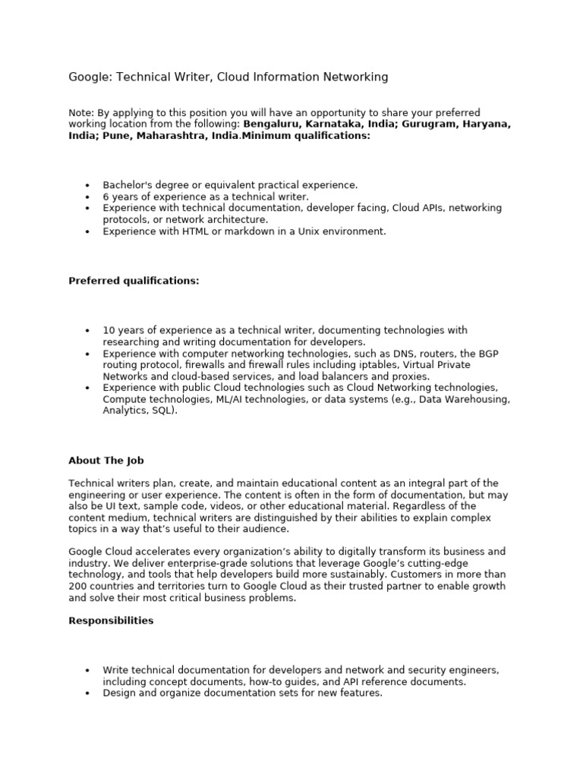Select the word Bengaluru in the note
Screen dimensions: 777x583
pos(271,124)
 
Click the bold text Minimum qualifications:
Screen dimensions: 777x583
pos(306,135)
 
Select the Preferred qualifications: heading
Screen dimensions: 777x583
pos(134,281)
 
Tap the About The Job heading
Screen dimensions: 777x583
pos(106,461)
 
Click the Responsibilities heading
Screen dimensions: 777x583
pos(111,621)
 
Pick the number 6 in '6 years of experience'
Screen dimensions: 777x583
pos(106,197)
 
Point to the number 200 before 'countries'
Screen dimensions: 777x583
pos(78,587)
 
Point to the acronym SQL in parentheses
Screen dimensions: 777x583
pos(163,411)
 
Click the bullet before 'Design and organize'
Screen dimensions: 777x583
pos(88,694)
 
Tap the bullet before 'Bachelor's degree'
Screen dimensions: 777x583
pos(88,185)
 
